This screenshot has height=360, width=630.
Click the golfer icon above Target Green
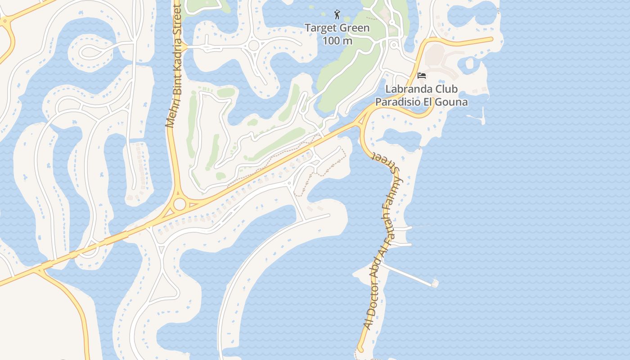[337, 14]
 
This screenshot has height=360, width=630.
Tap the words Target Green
[337, 28]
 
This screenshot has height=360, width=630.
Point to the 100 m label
[337, 41]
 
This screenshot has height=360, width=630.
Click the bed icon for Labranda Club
[422, 75]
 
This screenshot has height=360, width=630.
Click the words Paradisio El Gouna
[421, 102]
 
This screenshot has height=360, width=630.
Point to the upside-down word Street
[385, 163]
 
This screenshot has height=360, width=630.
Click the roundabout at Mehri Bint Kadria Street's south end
[180, 204]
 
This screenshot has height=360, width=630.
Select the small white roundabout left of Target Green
[254, 45]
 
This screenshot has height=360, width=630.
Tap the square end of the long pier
[435, 283]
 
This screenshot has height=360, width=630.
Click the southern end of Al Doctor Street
[360, 349]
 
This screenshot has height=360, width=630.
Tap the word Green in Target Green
[354, 28]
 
